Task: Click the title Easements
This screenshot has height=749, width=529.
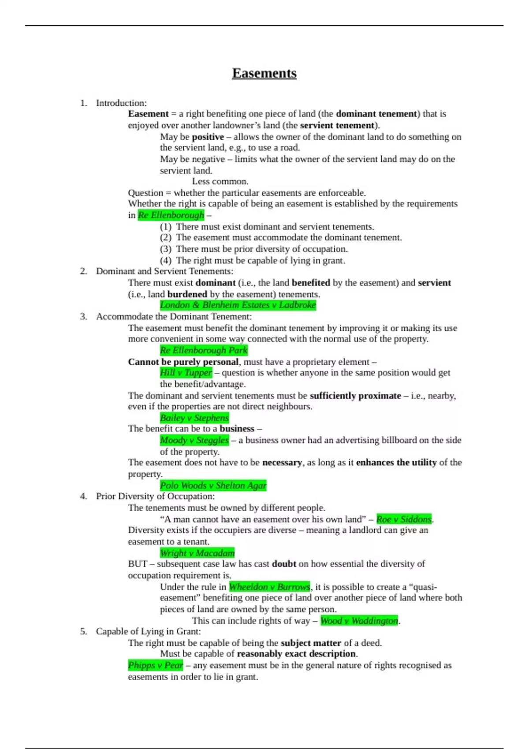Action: point(264,73)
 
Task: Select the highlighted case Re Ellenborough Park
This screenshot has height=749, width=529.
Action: point(204,350)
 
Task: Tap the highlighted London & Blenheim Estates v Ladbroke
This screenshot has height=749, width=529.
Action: point(238,305)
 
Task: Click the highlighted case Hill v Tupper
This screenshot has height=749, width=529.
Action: point(186,373)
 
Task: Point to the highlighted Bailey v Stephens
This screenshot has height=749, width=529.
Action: point(194,418)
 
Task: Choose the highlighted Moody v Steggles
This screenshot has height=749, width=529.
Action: point(194,440)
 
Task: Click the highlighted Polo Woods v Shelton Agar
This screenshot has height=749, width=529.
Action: point(213,486)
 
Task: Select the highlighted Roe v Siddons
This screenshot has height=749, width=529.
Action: point(404,519)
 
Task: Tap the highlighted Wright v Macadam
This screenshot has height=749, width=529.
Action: point(197,553)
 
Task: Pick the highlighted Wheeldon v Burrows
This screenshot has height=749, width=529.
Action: point(269,587)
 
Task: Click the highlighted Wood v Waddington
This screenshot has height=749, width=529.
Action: point(359,620)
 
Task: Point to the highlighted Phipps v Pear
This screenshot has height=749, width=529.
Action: point(155,665)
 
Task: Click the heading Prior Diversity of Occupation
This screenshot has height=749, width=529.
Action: point(155,496)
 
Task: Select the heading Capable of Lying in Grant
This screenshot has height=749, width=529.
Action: point(148,631)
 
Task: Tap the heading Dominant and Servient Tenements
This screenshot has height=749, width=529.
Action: point(164,271)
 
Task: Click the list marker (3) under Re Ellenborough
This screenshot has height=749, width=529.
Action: point(165,249)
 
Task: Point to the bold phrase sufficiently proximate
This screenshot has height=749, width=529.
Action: point(355,396)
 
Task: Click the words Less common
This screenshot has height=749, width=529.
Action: point(220,182)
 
